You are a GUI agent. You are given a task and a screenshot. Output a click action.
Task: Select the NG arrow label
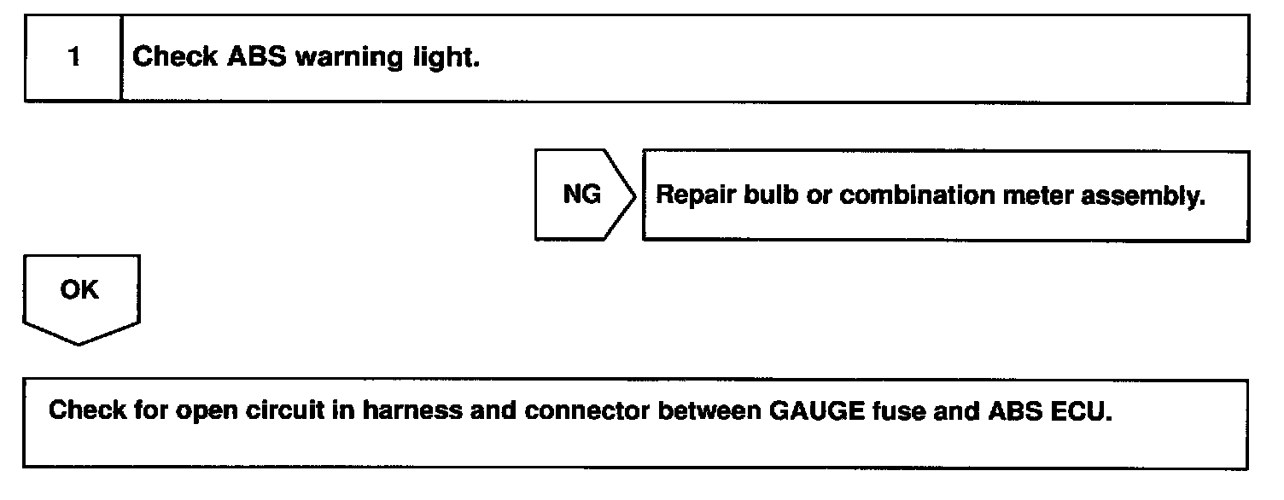pyautogui.click(x=581, y=195)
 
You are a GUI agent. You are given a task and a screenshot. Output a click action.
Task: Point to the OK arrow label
pyautogui.click(x=79, y=291)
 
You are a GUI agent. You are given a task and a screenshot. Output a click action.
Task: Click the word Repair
pyautogui.click(x=694, y=195)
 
